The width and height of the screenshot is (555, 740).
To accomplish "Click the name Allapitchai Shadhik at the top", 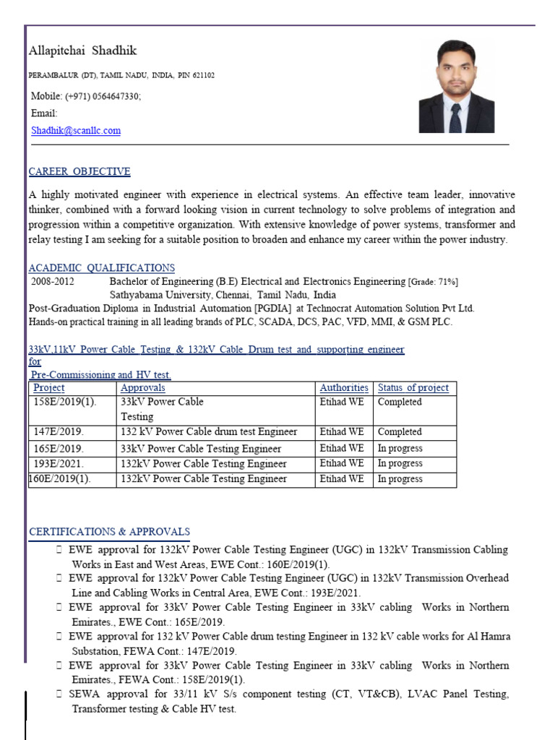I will point(82,51).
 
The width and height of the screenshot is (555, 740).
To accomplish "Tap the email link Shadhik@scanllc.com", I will point(76,131).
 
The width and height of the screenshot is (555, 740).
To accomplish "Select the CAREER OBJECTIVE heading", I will point(79,172).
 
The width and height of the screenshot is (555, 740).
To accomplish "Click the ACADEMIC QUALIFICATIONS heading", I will point(101,268).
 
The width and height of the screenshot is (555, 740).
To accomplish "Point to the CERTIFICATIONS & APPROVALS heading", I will point(109,532).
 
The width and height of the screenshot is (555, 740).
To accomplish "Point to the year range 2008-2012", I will point(53,282).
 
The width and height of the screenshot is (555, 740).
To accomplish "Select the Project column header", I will point(49,388).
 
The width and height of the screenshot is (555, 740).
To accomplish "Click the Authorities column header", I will point(344,388).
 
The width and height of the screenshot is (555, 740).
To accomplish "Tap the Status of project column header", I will point(413,388).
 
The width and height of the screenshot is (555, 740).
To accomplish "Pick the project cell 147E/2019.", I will point(59,432).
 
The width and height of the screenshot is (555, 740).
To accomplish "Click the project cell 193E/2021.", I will point(59,464).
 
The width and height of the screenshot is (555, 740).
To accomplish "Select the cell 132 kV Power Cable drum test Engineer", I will point(209,432).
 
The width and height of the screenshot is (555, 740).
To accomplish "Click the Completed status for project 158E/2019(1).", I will point(400,402).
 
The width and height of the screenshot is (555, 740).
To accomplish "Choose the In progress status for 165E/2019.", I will point(400,448).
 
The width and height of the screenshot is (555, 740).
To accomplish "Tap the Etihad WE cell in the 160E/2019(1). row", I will point(342,479).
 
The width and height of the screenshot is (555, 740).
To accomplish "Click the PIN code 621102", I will point(202,75).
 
